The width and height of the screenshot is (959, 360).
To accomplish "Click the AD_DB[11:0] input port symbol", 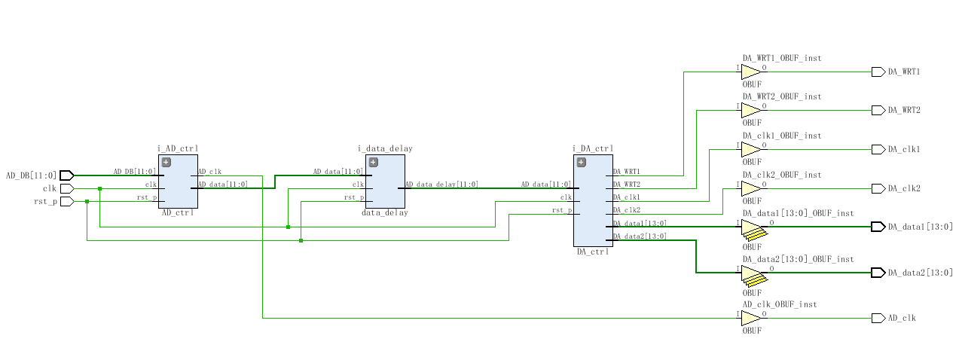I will coord(66,175).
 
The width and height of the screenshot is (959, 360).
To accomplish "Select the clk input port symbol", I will coord(66,188).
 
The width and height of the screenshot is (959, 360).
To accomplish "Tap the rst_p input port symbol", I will coord(66,201).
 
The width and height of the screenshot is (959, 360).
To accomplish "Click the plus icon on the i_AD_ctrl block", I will coord(166,162).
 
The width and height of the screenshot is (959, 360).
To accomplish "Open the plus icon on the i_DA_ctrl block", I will coord(581,162).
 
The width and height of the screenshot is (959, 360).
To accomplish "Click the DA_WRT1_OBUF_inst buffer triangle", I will coord(751,72).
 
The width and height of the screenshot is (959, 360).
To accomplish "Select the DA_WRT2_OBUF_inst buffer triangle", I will coord(751,111).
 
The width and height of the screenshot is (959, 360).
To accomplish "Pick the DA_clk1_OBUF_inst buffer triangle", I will coord(751,150).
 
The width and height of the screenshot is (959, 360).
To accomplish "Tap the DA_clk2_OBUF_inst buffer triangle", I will coord(751,188).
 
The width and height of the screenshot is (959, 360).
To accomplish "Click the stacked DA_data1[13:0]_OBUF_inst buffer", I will coord(753,230).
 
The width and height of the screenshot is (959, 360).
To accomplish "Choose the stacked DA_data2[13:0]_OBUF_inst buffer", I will coord(753,275).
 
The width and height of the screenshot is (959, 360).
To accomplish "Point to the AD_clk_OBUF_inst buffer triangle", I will coord(751,318).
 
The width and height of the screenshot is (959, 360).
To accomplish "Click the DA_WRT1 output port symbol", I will coord(878,72).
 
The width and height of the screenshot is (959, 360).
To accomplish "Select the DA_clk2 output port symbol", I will coord(878,188).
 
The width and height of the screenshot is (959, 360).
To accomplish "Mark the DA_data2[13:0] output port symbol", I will coord(878,273).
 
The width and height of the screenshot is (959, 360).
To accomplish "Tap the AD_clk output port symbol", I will coord(878,318).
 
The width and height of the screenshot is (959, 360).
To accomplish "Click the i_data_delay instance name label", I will coord(385,149).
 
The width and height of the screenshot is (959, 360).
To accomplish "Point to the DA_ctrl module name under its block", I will coord(592,252).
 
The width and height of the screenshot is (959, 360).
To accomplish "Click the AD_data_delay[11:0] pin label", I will coord(441,185).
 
